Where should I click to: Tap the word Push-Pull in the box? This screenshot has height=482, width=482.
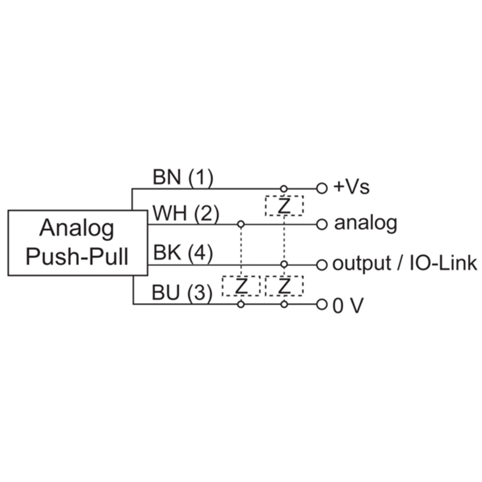(x=77, y=257)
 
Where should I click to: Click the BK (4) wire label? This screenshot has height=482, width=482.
(x=183, y=254)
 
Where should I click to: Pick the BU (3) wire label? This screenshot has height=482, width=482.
(x=183, y=294)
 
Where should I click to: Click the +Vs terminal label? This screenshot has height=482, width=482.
(x=352, y=187)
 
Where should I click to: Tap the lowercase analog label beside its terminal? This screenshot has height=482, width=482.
(x=366, y=224)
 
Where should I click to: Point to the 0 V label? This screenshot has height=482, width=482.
(x=348, y=305)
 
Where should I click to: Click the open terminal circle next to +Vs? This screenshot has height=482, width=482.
(x=322, y=188)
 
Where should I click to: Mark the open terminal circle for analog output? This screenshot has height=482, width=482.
(x=322, y=224)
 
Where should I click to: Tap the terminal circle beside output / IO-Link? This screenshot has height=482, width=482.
(x=322, y=264)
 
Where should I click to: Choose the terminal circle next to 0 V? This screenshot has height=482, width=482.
(x=322, y=305)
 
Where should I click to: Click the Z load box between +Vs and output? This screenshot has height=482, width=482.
(x=284, y=206)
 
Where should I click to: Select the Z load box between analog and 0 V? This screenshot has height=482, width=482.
(x=241, y=286)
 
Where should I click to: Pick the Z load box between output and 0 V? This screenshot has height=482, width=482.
(x=284, y=286)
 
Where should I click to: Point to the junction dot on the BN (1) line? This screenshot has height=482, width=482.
(x=284, y=188)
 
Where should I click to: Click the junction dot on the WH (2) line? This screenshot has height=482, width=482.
(x=241, y=224)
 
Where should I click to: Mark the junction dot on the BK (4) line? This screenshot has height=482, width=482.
(x=284, y=264)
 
